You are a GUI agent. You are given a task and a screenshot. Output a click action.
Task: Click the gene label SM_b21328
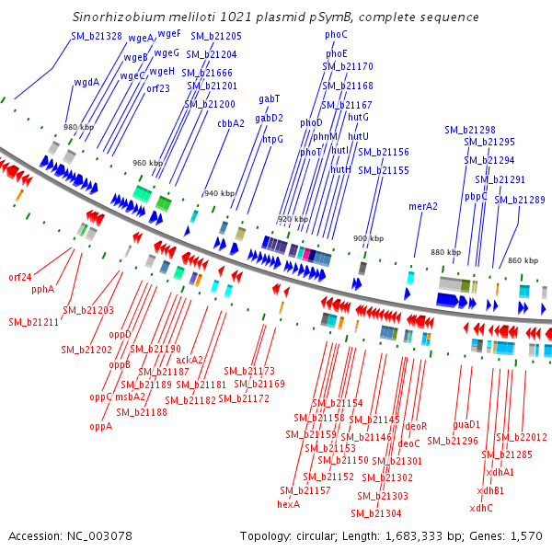97,36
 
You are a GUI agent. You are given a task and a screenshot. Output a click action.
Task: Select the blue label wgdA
86,83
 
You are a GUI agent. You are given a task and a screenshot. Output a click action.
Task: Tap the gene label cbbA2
231,123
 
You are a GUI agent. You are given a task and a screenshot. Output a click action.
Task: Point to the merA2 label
423,206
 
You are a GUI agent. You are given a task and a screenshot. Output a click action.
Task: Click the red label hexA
288,504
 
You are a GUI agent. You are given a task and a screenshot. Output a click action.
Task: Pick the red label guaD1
466,424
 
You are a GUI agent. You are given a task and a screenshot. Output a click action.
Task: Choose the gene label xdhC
481,509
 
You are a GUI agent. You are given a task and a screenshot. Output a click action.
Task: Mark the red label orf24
20,278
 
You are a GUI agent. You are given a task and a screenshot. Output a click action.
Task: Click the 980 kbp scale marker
78,127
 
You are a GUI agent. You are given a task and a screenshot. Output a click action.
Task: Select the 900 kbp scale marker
368,238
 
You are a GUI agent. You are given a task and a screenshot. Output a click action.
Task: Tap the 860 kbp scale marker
523,260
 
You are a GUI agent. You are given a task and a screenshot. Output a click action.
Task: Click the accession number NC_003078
99,536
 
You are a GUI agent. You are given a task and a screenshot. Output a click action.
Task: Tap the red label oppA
100,427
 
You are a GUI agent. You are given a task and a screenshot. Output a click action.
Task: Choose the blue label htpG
272,140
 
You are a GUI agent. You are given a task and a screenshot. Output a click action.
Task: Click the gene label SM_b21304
376,514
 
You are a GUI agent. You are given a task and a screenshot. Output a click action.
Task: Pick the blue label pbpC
476,197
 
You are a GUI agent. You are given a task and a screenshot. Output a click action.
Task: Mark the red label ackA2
190,360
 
